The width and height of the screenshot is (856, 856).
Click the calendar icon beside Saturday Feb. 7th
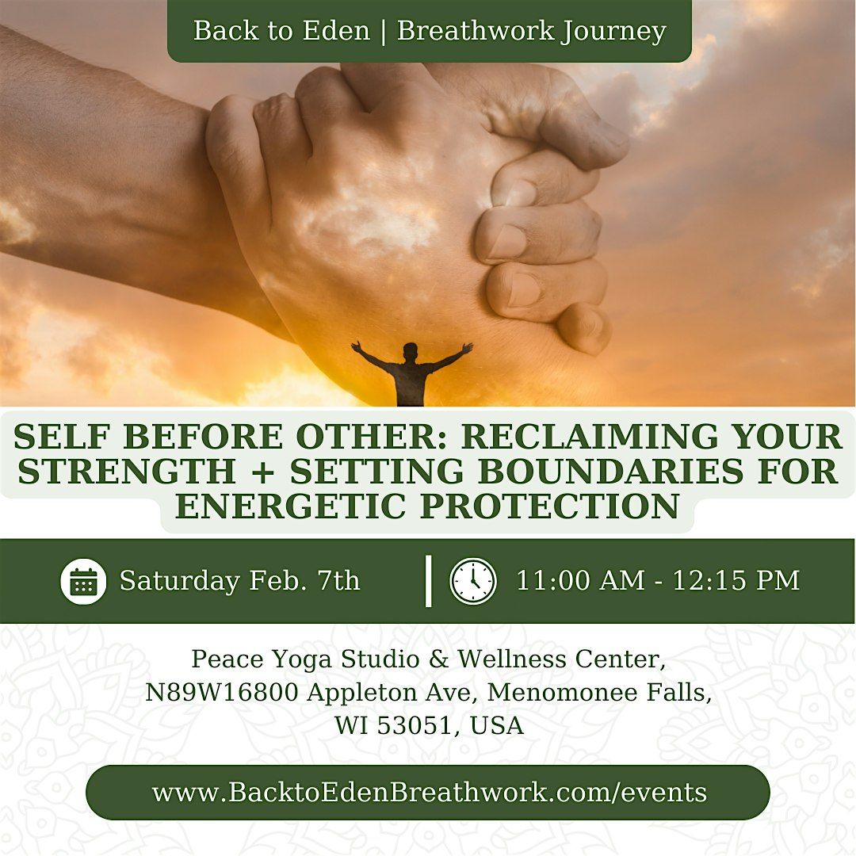point(83,581)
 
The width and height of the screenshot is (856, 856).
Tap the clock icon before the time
point(473,581)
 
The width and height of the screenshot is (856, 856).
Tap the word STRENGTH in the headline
point(127,472)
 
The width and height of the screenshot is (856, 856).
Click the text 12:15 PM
point(736,581)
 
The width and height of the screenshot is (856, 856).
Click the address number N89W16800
point(222,692)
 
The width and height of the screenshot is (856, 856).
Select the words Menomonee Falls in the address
point(599,692)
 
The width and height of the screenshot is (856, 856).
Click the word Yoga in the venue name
point(300,659)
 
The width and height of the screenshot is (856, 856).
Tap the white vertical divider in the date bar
point(429,581)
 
